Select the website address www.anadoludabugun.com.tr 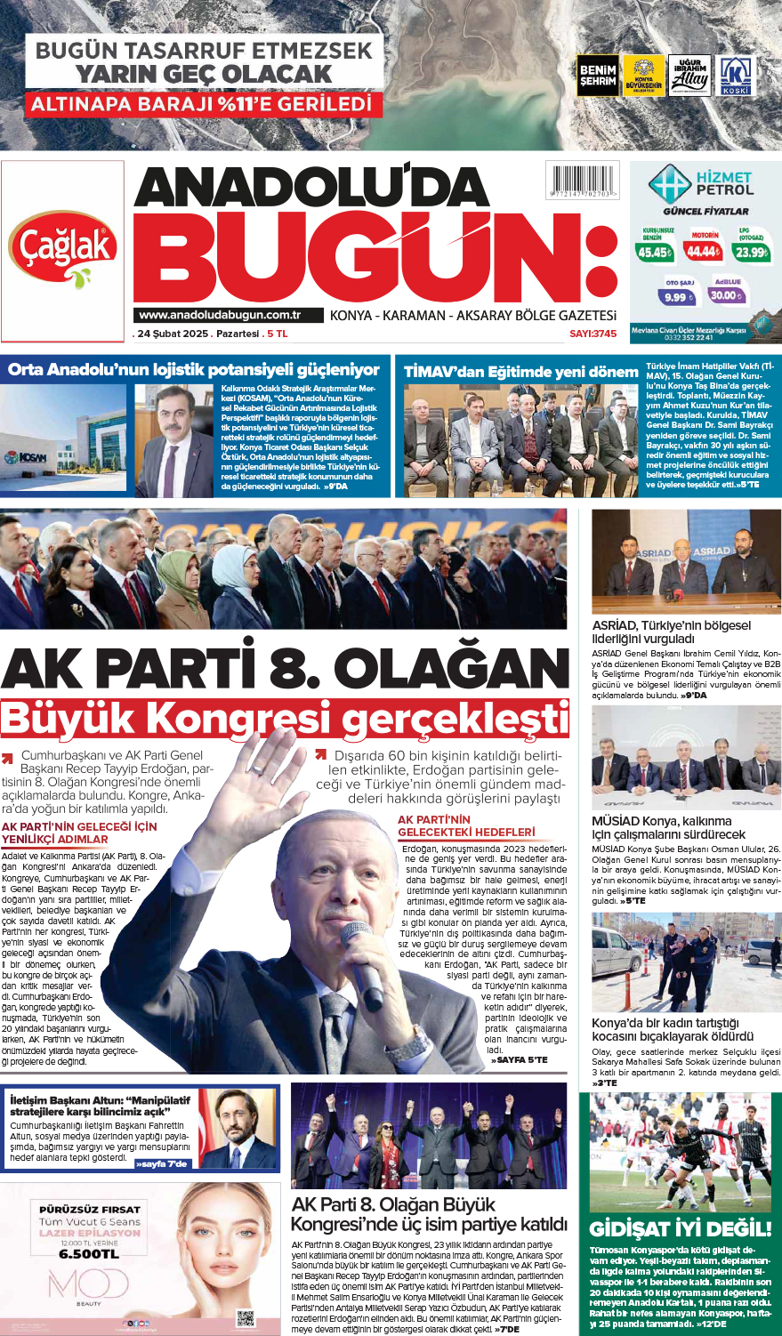pos(219,315)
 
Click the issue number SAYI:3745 pos(593,334)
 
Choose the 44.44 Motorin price pos(704,252)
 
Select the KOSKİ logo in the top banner pos(735,76)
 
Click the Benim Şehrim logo pos(597,76)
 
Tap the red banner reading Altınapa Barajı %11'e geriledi pos(204,105)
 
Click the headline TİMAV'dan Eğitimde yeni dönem pos(521,372)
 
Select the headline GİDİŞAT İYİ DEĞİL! pos(681,1228)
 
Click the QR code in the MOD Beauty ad pos(246,1317)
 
